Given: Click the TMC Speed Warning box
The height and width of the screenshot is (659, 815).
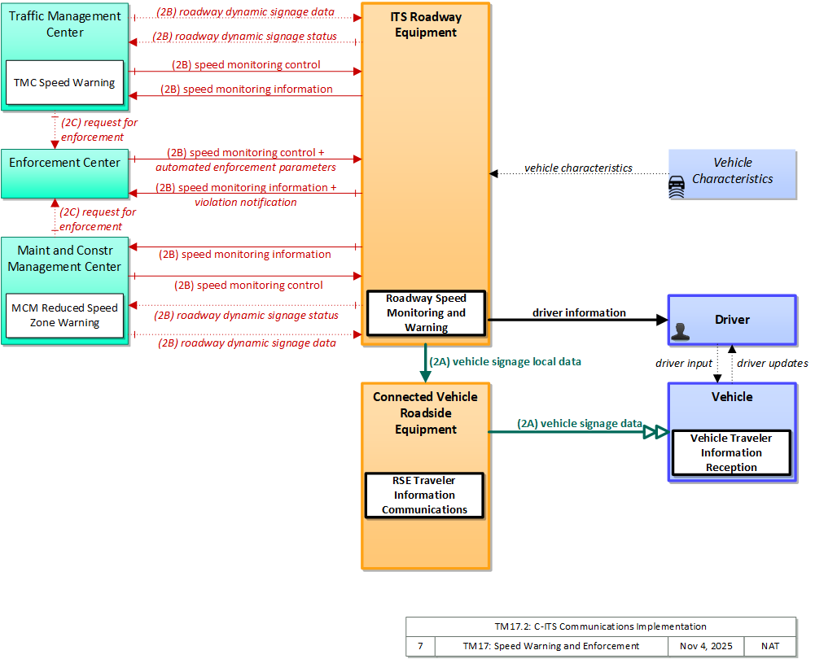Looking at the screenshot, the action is pos(65,82).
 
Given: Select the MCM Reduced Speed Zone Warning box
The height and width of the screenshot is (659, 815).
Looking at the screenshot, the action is pos(65,315).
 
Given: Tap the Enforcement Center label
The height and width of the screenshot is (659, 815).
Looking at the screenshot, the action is pos(64,163).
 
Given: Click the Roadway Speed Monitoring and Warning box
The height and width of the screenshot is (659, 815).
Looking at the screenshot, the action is pos(426,312).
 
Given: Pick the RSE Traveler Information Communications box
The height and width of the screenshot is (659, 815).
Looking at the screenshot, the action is pos(424,495).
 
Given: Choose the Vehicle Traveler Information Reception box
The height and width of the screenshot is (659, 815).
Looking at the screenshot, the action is pos(731,452).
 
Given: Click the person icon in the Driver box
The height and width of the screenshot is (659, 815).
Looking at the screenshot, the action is pos(680,331).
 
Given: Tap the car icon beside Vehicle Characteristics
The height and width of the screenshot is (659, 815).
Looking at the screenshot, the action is pos(677,187).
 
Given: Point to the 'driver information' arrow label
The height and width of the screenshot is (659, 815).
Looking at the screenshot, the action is pos(579,312).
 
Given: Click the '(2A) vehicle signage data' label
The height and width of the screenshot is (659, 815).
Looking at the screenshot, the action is pos(580,424).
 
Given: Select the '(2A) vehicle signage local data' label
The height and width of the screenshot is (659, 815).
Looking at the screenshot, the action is pos(506,361).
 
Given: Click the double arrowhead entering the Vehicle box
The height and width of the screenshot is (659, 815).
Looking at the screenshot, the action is pos(655,431).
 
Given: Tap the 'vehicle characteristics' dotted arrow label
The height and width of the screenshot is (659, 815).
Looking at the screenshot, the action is pos(579,168).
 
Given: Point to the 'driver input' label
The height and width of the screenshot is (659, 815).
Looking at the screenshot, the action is pos(683,363).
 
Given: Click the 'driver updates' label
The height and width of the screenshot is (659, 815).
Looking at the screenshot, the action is pos(773,363).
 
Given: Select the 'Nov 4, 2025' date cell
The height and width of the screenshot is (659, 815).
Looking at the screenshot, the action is pos(706,646).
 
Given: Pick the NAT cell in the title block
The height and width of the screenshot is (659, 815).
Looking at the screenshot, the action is pos(769,646).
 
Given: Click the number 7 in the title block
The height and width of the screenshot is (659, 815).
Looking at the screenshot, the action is pos(420,646).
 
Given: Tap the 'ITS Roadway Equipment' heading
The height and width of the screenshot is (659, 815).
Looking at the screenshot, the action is pos(426,24).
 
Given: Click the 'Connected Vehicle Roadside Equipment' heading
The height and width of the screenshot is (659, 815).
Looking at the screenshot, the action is pos(425,412).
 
